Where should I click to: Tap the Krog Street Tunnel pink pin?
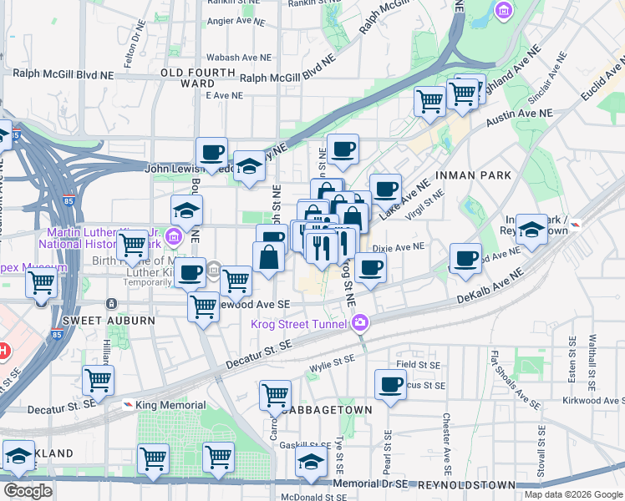pos(360,321)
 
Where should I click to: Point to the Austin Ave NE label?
pos(519,118)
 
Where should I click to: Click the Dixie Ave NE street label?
pos(399,247)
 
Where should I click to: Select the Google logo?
pos(27,491)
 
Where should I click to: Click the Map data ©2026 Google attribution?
pos(572,494)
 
